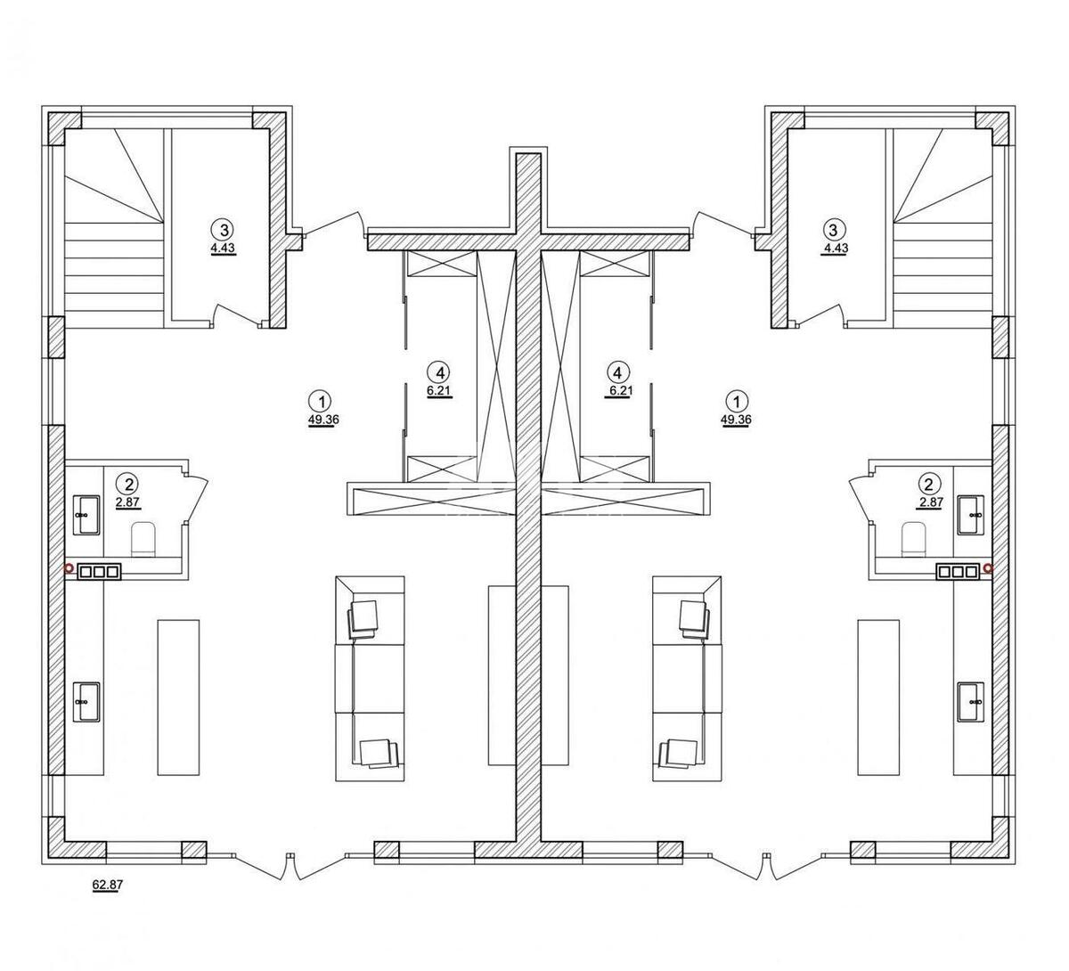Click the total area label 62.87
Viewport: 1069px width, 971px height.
pyautogui.click(x=105, y=885)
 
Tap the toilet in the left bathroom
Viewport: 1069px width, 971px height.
pyautogui.click(x=143, y=539)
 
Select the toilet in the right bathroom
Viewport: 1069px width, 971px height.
pyautogui.click(x=914, y=539)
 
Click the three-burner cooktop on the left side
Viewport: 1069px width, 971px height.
pyautogui.click(x=98, y=572)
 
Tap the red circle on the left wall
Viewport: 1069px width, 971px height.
pyautogui.click(x=68, y=567)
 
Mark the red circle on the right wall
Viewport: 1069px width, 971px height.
pyautogui.click(x=989, y=567)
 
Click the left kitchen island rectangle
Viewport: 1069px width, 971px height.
pyautogui.click(x=178, y=697)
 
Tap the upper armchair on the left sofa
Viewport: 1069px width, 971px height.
pyautogui.click(x=364, y=617)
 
